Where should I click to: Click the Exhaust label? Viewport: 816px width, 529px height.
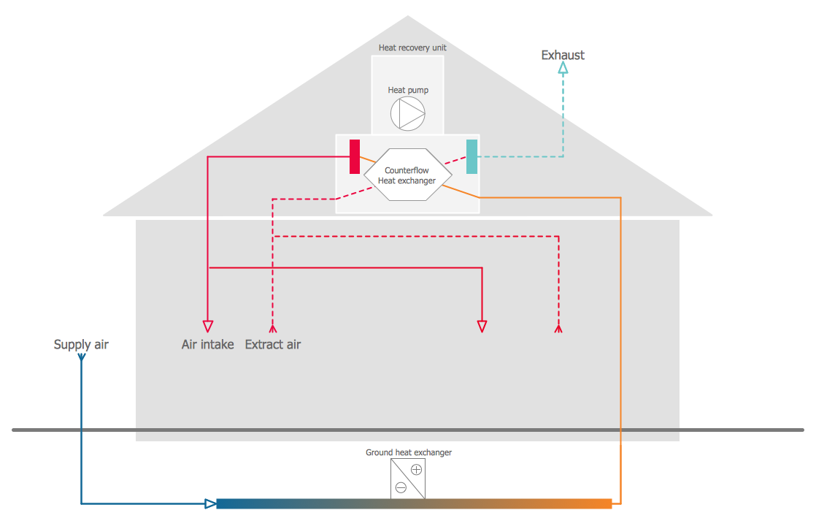562,55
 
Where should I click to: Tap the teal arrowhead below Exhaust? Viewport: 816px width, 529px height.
563,68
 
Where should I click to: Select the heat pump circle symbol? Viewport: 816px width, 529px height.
407,113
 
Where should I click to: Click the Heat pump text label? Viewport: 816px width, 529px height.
408,90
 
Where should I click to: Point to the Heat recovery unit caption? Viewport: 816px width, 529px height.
412,47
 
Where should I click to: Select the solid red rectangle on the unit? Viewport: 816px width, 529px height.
355,156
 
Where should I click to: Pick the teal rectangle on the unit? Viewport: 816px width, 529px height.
472,156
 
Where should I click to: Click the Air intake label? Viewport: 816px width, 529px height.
207,344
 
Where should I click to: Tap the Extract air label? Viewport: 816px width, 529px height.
273,344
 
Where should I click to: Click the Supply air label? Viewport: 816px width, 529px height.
81,344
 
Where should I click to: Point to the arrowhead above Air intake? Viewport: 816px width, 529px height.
208,326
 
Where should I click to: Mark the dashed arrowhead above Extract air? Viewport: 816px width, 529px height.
272,328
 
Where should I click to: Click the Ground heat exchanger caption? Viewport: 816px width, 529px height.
409,452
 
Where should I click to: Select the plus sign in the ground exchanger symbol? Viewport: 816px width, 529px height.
416,469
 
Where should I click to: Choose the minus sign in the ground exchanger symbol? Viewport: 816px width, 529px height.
401,487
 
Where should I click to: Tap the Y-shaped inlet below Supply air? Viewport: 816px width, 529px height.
81,358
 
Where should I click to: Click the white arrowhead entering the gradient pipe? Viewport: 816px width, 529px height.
210,503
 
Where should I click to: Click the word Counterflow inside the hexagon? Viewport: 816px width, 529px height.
407,170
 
